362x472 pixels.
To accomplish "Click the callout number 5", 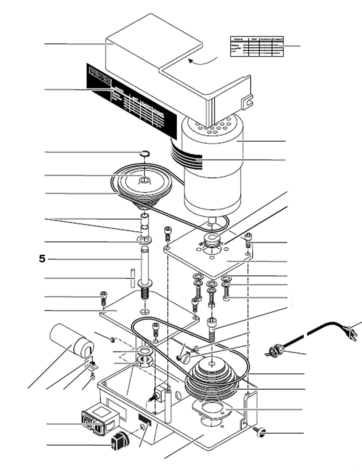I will coord(42,259).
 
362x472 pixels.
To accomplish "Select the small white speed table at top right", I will coord(257,46).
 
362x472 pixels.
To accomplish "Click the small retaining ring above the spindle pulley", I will coord(144,154).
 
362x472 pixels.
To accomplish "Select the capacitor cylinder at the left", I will coord(72,339).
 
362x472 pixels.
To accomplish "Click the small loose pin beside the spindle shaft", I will coord(133,278).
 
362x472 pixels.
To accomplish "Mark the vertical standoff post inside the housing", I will coord(168,405).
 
